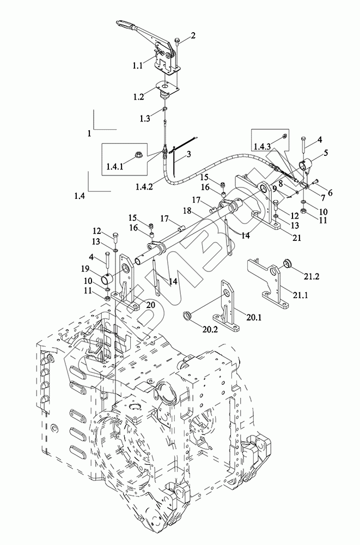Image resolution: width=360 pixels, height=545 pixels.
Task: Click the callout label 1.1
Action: (x=138, y=66)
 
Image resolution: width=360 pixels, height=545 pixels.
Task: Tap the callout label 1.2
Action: (x=138, y=97)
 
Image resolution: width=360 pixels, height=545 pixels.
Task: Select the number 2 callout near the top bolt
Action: (x=193, y=35)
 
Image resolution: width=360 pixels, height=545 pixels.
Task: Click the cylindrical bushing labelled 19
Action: (x=107, y=278)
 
